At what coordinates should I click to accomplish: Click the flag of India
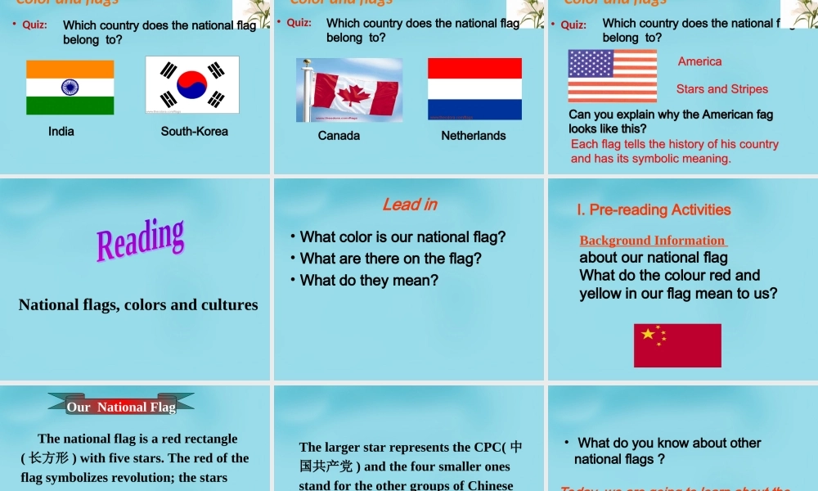point(70,88)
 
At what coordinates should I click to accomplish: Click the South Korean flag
point(192,84)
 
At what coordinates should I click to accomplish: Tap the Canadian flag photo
point(349,90)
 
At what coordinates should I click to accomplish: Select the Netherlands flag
point(474,88)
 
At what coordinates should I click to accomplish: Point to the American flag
point(613,75)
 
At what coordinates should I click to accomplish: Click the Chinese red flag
point(677,345)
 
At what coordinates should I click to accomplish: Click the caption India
point(61,131)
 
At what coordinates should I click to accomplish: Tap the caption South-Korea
point(195,131)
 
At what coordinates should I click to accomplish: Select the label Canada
point(339,136)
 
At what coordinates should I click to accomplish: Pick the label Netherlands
point(474,136)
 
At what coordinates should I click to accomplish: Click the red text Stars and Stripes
point(722,89)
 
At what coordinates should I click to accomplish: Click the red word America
point(700,61)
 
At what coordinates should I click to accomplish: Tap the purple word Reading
point(141,239)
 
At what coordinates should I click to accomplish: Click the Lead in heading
point(410,205)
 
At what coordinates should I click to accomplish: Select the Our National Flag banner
point(121,406)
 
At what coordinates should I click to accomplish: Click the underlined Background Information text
point(653,241)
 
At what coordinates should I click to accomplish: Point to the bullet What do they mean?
point(369,281)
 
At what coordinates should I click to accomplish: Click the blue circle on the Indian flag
point(70,88)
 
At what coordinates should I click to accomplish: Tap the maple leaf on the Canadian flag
point(355,94)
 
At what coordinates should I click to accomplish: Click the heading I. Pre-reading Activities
point(654,210)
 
